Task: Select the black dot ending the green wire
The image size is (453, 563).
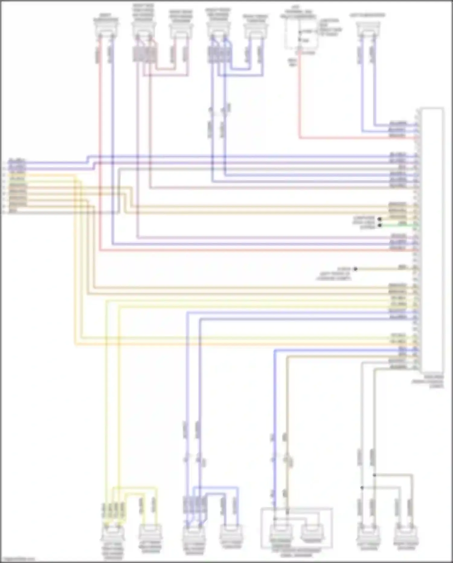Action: (380, 225)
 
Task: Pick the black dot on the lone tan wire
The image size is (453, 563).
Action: (355, 268)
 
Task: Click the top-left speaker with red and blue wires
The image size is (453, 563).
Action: (105, 29)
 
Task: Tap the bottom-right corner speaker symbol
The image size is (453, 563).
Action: (405, 535)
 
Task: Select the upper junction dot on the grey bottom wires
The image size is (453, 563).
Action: (374, 475)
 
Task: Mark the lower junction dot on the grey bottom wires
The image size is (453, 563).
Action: (362, 488)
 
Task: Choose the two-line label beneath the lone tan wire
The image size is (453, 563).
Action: (334, 276)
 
